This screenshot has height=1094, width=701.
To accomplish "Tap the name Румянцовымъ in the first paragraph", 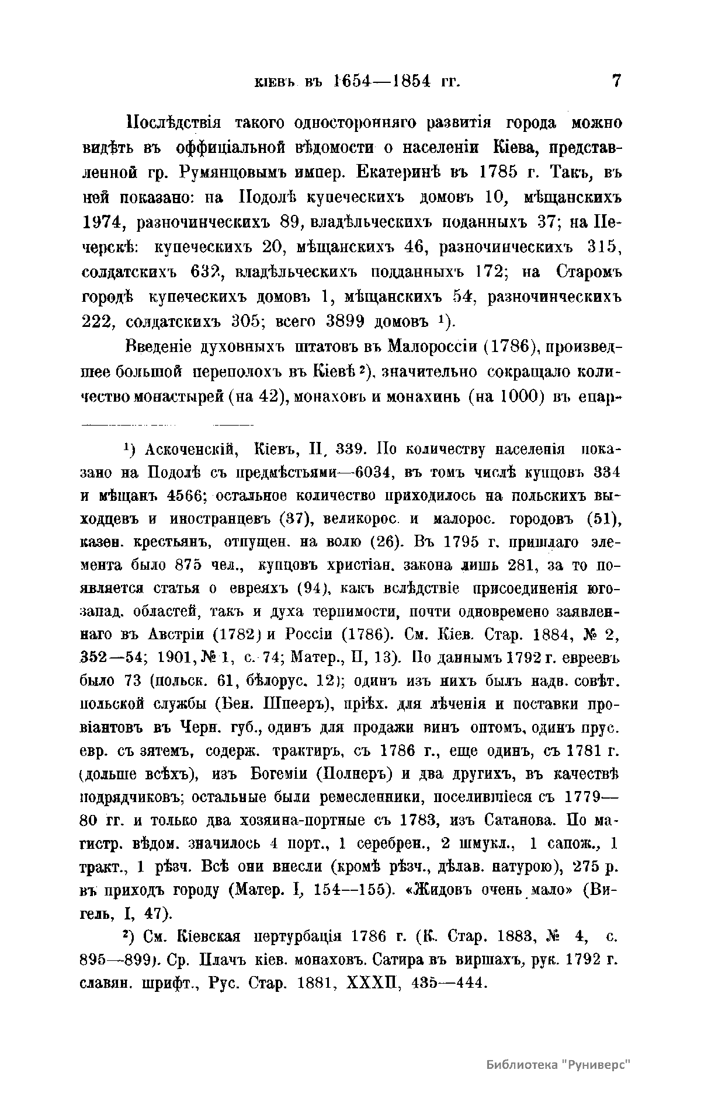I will pos(225,173).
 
